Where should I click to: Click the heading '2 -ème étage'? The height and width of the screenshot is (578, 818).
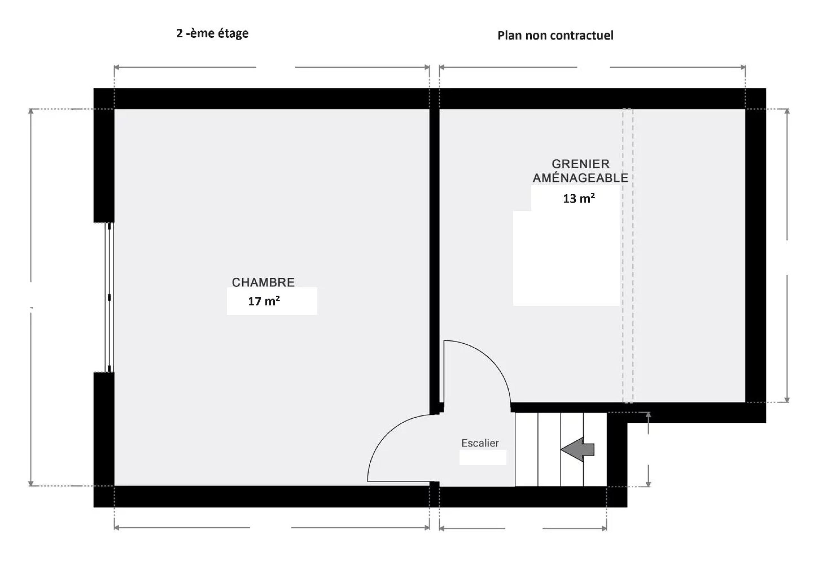tap(212, 34)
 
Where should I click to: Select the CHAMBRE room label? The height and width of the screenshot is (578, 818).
tap(263, 282)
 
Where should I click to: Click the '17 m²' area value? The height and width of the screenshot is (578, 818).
tap(264, 302)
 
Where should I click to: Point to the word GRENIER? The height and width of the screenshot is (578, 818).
tap(580, 164)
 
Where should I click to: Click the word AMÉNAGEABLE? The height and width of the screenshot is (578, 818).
tap(580, 178)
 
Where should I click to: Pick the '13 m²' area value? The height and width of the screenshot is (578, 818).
tap(579, 198)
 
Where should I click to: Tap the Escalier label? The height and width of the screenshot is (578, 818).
tap(480, 443)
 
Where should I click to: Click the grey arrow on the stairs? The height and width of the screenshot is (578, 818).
tap(577, 449)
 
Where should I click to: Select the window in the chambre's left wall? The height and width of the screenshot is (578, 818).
tap(109, 297)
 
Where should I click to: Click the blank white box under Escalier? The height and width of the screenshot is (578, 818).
tap(483, 458)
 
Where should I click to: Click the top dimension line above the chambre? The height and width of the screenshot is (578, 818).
tap(185, 67)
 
